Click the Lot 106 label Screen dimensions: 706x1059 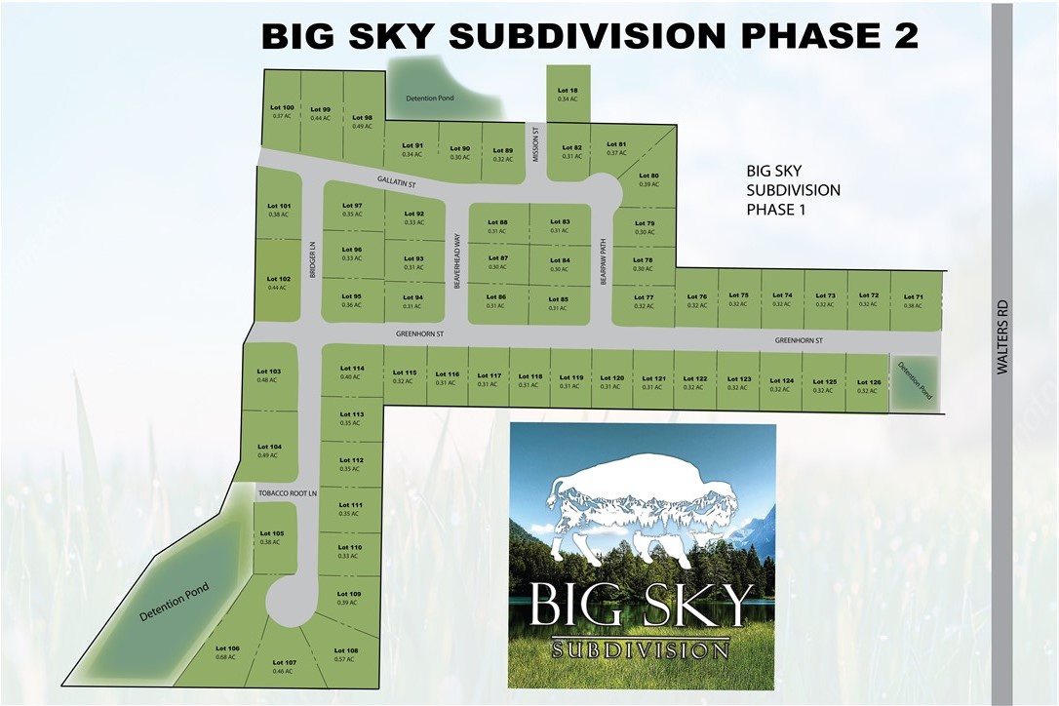coord(227,648)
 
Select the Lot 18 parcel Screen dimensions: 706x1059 coord(568,93)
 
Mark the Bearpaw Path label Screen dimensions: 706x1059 coord(604,262)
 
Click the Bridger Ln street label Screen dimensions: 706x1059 coord(313,260)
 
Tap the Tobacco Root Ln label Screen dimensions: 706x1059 coord(288,493)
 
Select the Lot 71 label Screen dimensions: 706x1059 coord(913,296)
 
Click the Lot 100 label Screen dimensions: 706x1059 coord(282,107)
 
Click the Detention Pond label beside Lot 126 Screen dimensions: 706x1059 coord(916,381)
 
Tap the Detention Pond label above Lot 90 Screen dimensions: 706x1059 coord(429,98)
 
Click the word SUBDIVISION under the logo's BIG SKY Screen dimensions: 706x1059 coord(640,648)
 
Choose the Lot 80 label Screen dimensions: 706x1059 coord(648,176)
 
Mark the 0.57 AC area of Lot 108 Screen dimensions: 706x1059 coord(345,659)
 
